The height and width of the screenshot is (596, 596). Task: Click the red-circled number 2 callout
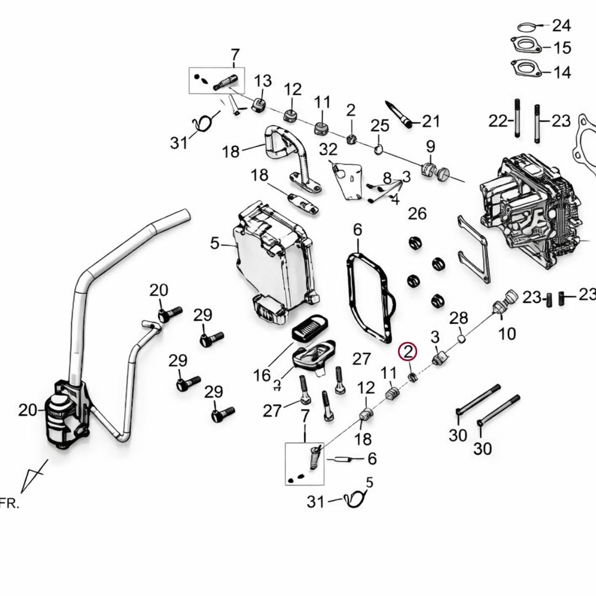pos(408,352)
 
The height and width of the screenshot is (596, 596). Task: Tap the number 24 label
pos(562,25)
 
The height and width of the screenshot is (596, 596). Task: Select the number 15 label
pos(562,48)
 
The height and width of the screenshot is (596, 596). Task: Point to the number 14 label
pos(562,73)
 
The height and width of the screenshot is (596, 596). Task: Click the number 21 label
pos(431,120)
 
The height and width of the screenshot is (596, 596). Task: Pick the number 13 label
pos(263,80)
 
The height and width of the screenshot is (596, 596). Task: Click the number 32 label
pos(328,149)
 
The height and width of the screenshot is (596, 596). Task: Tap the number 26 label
pos(417,214)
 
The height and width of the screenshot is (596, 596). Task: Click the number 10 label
pos(507,333)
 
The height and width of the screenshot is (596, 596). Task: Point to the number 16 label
pos(262,375)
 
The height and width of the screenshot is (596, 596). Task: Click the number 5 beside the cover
pos(214,244)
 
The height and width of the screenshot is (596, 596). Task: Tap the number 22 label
pos(498,121)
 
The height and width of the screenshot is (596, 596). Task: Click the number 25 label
pos(380,125)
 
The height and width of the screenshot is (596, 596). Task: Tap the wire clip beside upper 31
pos(204,123)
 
